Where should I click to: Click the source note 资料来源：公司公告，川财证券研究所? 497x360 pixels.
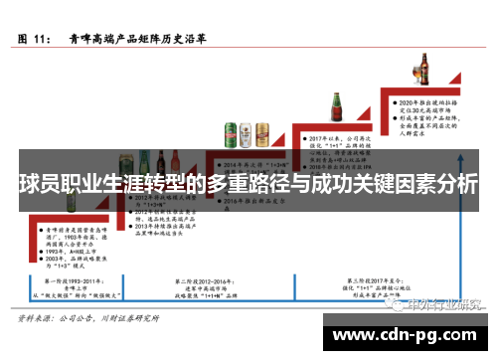(87, 320)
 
